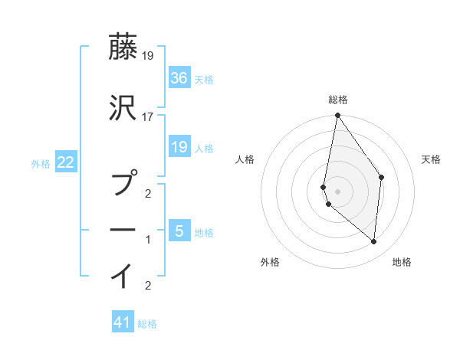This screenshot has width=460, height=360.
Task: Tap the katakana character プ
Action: (x=124, y=185)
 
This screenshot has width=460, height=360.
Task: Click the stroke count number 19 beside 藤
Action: (x=148, y=56)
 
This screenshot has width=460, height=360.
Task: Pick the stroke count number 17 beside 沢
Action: (x=148, y=117)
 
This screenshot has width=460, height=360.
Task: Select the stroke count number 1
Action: (x=148, y=240)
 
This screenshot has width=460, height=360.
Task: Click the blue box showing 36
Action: (x=179, y=77)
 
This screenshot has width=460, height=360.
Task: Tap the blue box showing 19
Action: (x=179, y=146)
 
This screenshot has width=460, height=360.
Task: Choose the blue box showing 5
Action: (x=179, y=231)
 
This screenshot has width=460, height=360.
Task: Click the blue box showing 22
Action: (x=65, y=162)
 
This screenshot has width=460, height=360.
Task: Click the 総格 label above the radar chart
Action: (x=338, y=100)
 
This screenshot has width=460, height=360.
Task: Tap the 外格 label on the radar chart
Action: (x=270, y=262)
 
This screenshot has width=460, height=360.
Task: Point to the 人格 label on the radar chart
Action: (x=245, y=159)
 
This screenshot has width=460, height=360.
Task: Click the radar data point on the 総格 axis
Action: (x=337, y=116)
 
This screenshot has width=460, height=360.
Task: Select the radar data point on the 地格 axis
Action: (x=373, y=241)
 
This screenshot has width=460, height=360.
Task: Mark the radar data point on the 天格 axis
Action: (x=381, y=178)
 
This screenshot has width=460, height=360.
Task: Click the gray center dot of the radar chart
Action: (x=337, y=191)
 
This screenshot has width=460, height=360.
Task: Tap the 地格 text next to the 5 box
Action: (x=205, y=232)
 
